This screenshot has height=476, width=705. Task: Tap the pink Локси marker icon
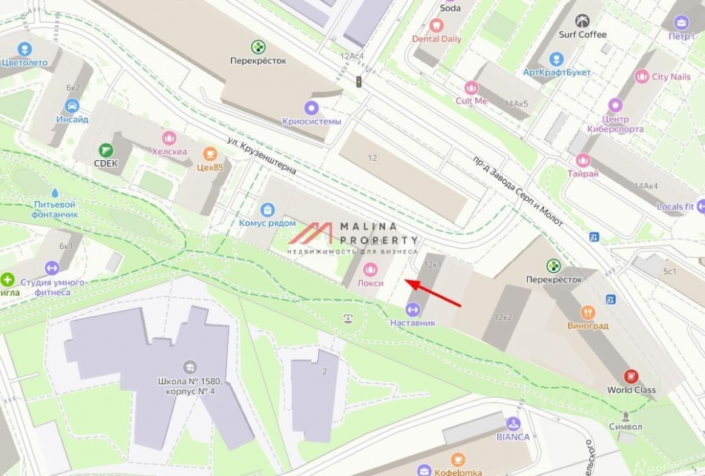tap(370, 267)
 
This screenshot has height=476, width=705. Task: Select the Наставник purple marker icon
tap(413, 309)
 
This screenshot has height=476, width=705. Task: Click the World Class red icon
tap(631, 376)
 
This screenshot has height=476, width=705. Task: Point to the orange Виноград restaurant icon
tap(588, 312)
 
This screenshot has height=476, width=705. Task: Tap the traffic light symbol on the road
tap(359, 82)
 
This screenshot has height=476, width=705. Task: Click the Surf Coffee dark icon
tap(583, 21)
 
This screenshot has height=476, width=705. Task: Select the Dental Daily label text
tap(436, 39)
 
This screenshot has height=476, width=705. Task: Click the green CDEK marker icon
tap(106, 150)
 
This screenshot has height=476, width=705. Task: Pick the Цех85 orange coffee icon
tap(210, 153)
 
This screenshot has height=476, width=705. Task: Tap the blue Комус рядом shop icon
tap(267, 210)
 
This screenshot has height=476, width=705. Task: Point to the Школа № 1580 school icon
tap(190, 367)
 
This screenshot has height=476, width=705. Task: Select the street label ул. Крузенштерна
tap(262, 156)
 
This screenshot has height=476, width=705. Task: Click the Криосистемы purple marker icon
tap(312, 108)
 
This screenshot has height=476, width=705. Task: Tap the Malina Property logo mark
tap(311, 233)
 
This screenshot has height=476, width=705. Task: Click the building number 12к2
tap(503, 317)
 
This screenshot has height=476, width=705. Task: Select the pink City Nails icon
tap(641, 76)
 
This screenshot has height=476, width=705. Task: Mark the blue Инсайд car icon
tap(72, 106)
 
